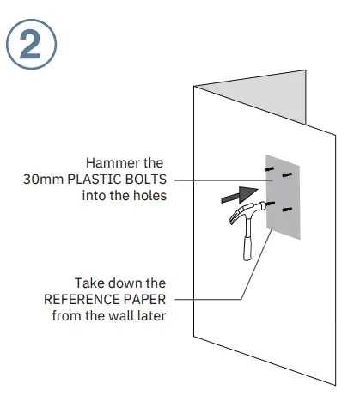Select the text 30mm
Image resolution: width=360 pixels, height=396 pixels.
point(40,180)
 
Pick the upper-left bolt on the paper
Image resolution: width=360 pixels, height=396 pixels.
point(270,174)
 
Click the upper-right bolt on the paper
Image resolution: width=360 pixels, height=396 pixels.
point(288,177)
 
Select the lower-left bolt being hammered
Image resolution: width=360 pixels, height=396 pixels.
point(271,204)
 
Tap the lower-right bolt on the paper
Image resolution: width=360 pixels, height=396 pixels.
point(289,210)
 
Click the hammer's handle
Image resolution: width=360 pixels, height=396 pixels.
point(247,244)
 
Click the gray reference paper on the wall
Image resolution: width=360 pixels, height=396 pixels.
point(287,223)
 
